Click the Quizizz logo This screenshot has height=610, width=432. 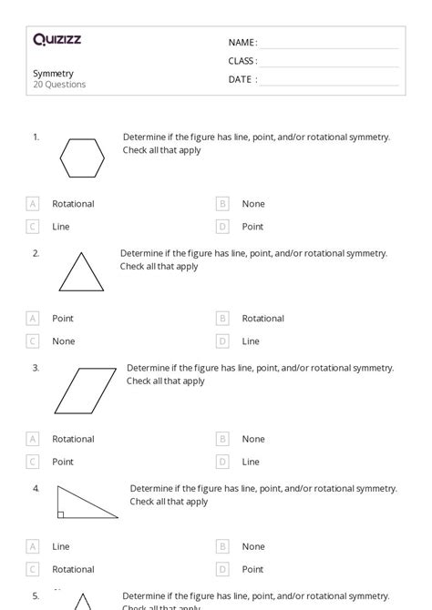pyautogui.click(x=57, y=40)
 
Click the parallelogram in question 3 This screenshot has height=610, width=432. pyautogui.click(x=85, y=391)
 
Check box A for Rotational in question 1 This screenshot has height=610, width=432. pyautogui.click(x=33, y=204)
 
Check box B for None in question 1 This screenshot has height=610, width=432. pyautogui.click(x=222, y=204)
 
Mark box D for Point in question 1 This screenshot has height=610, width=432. pyautogui.click(x=222, y=227)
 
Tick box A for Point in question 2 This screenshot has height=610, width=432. pyautogui.click(x=33, y=319)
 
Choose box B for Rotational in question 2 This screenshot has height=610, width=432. pyautogui.click(x=222, y=319)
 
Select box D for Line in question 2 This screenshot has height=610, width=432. pyautogui.click(x=222, y=341)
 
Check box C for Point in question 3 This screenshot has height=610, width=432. pyautogui.click(x=33, y=462)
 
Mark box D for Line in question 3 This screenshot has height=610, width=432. pyautogui.click(x=222, y=462)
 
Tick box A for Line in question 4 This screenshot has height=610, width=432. pyautogui.click(x=33, y=546)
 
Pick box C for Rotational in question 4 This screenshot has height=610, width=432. pyautogui.click(x=33, y=569)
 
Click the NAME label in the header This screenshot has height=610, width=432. pyautogui.click(x=242, y=43)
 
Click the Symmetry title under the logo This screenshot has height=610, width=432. pyautogui.click(x=54, y=73)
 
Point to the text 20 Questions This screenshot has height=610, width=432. pyautogui.click(x=59, y=85)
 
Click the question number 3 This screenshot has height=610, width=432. pyautogui.click(x=36, y=368)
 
